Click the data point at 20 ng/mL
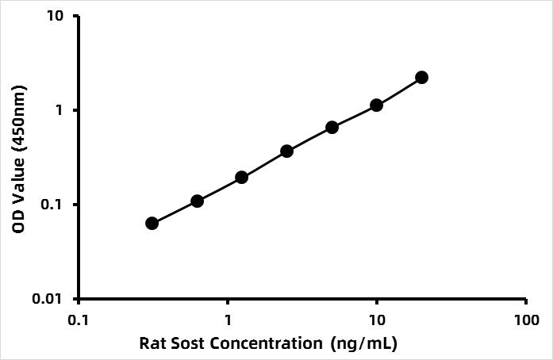421,77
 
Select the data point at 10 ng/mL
376,105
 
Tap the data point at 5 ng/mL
332,127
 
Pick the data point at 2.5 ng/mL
286,151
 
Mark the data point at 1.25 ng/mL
241,177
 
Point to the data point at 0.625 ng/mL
197,201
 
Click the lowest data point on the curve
152,223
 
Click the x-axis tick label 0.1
79,320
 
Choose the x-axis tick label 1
228,320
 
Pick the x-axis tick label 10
377,320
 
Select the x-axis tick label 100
526,320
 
